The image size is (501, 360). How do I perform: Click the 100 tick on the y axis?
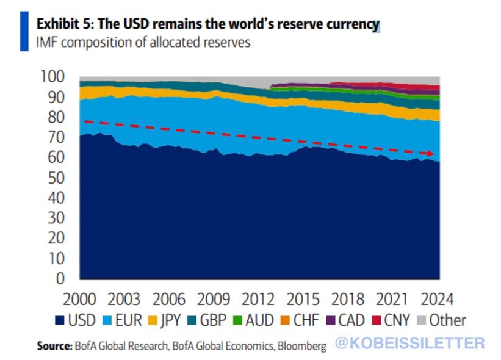coord(54,77)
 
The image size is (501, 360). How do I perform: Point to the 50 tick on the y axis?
coord(59,178)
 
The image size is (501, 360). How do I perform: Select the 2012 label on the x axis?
coord(258,300)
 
